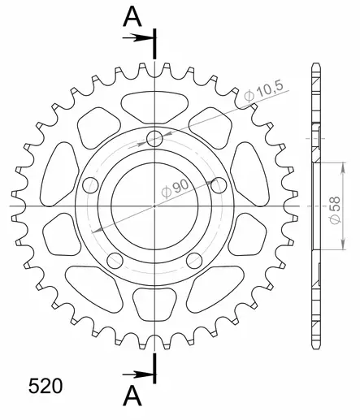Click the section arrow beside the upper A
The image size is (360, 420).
click(x=140, y=37)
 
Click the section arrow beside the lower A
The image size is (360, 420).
click(x=140, y=375)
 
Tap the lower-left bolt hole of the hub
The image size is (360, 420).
click(x=114, y=262)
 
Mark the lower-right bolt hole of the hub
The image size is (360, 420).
click(x=194, y=262)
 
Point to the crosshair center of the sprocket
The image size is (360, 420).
click(x=154, y=207)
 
